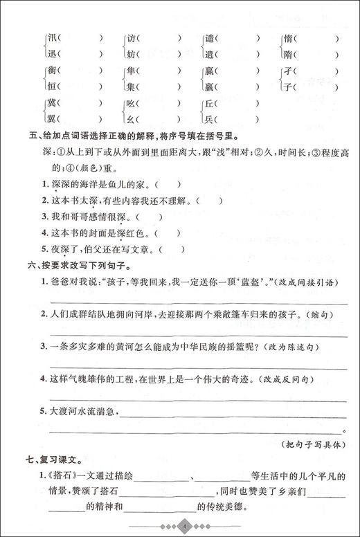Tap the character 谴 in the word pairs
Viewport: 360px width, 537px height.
click(209, 38)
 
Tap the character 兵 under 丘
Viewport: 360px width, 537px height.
click(209, 120)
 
